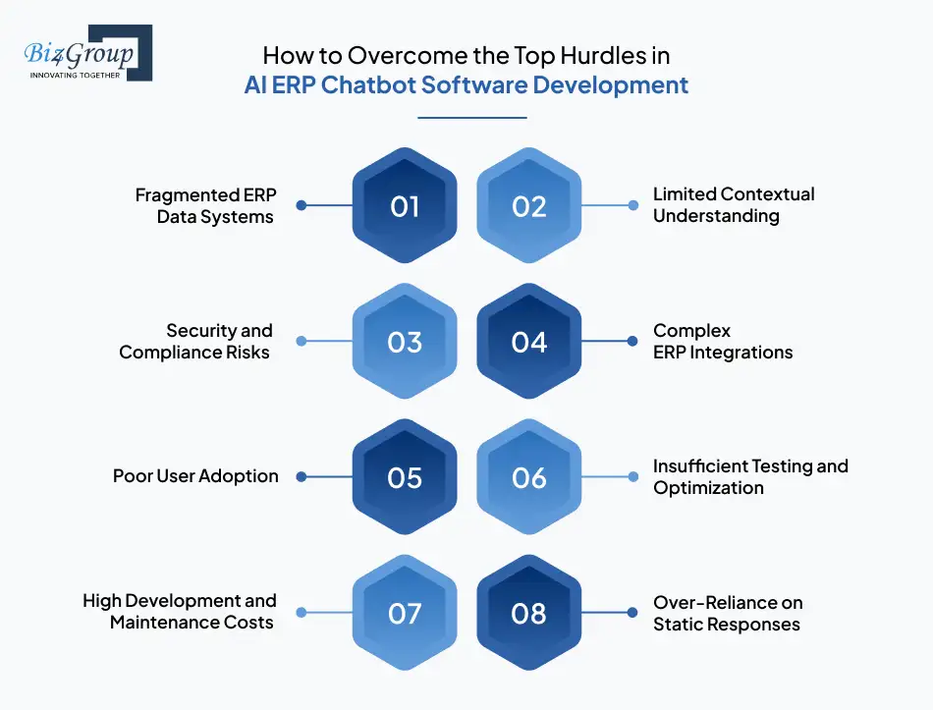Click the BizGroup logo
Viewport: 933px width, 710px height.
tap(85, 53)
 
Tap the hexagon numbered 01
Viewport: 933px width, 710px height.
tap(405, 206)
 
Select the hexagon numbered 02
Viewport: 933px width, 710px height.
tap(529, 206)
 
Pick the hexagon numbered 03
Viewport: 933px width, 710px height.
tap(405, 342)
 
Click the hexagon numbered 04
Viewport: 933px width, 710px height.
tap(529, 342)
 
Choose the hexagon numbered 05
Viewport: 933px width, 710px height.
tap(405, 477)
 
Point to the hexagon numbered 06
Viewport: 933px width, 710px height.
tap(529, 477)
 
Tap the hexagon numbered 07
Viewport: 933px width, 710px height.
tap(405, 613)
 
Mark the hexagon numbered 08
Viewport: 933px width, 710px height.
tap(529, 613)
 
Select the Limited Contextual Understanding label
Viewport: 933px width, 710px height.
tap(733, 205)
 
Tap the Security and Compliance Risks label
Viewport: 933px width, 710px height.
tap(196, 341)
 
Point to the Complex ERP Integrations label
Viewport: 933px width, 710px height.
tap(722, 341)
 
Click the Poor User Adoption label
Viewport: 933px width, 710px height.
tap(195, 476)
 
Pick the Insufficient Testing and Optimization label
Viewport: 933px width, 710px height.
tap(749, 476)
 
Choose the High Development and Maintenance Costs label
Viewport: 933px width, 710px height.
tap(180, 611)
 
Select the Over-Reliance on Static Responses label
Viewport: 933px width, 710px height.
tap(728, 613)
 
